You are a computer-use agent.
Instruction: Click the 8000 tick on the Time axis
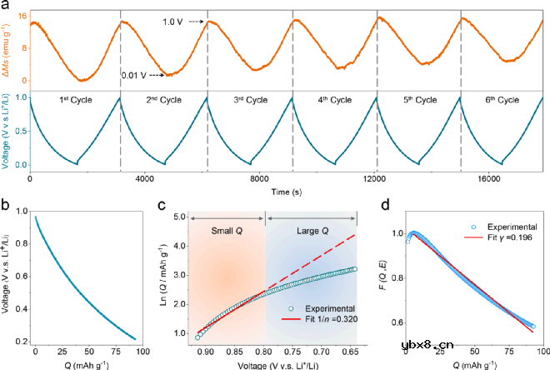pos(260,178)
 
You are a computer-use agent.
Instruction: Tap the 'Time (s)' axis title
pos(285,191)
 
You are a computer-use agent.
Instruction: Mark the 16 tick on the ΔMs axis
pos(22,14)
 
